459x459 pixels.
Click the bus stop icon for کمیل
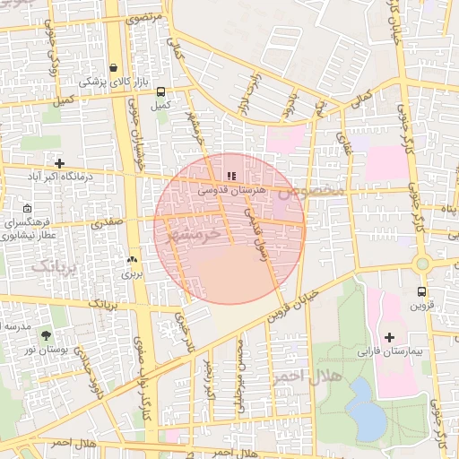(160, 91)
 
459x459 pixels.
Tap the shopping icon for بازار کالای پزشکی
(113, 67)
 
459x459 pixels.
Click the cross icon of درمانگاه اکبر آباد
(59, 164)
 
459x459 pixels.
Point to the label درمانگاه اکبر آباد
(60, 178)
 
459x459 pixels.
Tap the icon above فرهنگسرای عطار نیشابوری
(27, 208)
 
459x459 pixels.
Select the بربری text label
(133, 273)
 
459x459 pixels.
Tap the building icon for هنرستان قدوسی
(231, 177)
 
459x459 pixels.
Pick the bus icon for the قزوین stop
(421, 291)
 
